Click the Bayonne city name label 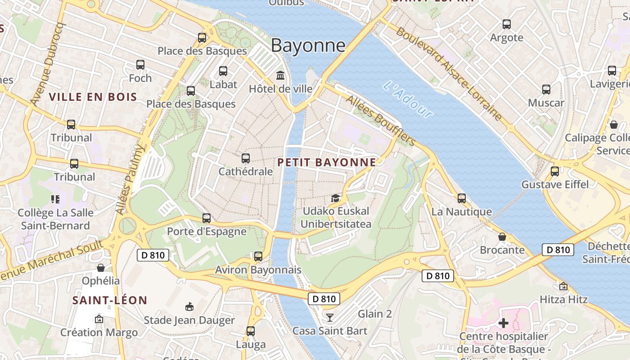(x=308, y=45)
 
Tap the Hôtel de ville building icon (x=280, y=75)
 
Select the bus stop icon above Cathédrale (x=245, y=158)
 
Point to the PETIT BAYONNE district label (x=327, y=162)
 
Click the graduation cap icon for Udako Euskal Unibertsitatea (x=335, y=198)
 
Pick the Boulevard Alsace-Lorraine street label (x=449, y=74)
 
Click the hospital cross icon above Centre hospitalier (x=503, y=323)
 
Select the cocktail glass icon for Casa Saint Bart (x=330, y=318)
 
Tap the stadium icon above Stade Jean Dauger (x=189, y=307)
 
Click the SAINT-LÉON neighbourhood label (x=110, y=300)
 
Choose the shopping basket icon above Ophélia (x=101, y=268)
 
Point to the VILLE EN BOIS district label (x=93, y=97)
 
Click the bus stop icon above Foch (x=140, y=65)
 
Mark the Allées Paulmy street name (x=130, y=179)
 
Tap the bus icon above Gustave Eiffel (x=554, y=171)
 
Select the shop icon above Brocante (x=502, y=237)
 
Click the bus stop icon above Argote (x=507, y=24)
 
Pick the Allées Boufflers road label (x=381, y=121)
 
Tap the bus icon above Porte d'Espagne (x=207, y=218)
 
